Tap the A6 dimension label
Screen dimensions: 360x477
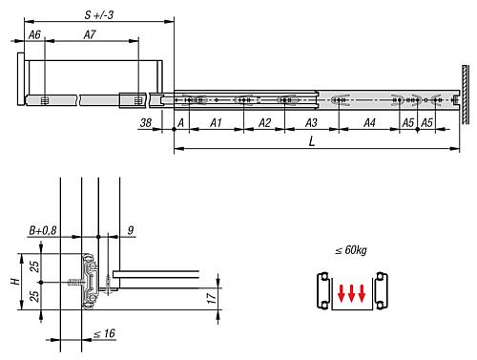click(35, 34)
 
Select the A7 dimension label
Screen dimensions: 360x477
click(90, 34)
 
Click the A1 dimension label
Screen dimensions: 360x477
click(216, 124)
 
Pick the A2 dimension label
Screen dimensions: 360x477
click(264, 124)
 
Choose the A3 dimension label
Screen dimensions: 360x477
click(311, 124)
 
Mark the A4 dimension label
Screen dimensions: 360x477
click(369, 124)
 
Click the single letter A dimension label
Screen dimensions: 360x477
click(180, 124)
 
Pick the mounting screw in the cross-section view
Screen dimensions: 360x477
click(73, 281)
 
